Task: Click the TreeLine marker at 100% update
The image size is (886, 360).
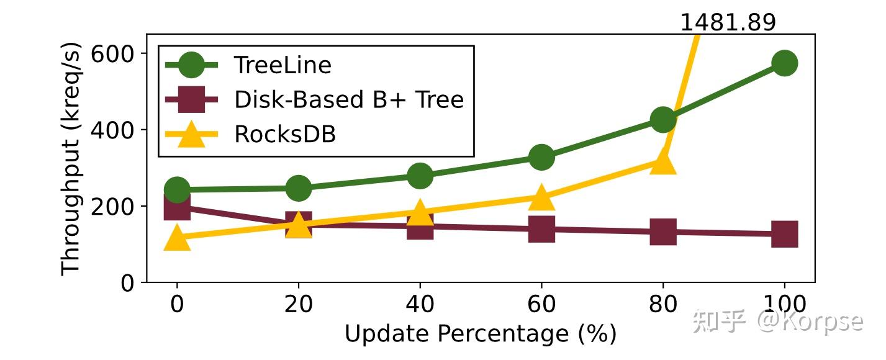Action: pos(784,63)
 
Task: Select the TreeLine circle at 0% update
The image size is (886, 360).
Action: pos(177,189)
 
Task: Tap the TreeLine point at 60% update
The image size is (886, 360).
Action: pos(541,157)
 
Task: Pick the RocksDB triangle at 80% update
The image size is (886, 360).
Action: pos(663,163)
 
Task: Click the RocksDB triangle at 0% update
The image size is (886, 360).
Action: pos(177,238)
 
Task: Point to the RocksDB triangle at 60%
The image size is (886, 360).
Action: pos(541,198)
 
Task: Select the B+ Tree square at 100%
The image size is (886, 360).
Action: pos(784,234)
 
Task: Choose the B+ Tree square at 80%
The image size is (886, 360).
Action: pos(663,232)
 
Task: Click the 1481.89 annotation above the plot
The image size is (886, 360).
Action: pos(728,23)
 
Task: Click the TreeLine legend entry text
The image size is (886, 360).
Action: pos(283,65)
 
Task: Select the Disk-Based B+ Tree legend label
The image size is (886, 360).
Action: pos(349,99)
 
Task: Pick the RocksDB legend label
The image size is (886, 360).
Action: pos(285,134)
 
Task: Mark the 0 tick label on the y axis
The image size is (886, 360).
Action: pos(127,283)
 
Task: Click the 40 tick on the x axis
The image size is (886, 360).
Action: pos(420,305)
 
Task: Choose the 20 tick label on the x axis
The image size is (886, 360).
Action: pos(298,305)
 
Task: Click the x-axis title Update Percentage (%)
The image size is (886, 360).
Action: pos(480,334)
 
